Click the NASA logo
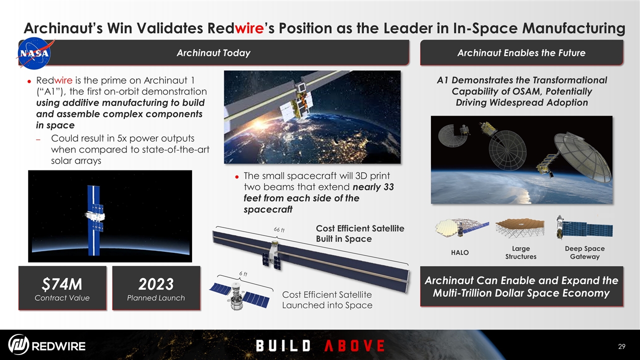[35, 53]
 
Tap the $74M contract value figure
[62, 284]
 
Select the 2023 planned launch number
[156, 284]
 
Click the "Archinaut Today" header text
[213, 53]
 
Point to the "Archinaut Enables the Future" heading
[521, 53]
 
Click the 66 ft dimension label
[279, 229]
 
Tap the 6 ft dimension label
[243, 273]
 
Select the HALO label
[459, 252]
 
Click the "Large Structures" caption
[520, 252]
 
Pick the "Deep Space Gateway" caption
[584, 252]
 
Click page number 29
[621, 346]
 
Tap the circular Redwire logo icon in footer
[18, 344]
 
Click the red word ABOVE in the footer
[354, 345]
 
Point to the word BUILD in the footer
[283, 345]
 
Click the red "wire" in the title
[249, 28]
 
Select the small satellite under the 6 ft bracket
[239, 296]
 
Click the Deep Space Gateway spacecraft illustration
[584, 228]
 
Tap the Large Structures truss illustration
[520, 228]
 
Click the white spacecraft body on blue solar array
[95, 217]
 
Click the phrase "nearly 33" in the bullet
[373, 187]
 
